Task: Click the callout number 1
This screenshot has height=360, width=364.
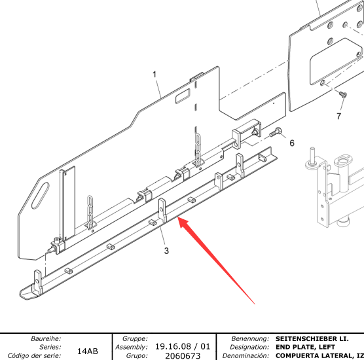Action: [x=155, y=75]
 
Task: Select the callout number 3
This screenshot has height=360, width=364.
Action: [x=166, y=251]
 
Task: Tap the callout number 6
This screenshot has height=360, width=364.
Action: [x=292, y=143]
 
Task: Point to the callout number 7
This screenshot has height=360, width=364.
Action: [x=338, y=116]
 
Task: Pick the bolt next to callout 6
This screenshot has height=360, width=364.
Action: [x=276, y=132]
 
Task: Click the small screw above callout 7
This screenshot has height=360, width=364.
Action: [x=343, y=94]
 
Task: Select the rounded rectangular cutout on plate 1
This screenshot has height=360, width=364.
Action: [x=183, y=96]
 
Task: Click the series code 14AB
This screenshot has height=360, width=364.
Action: [x=88, y=351]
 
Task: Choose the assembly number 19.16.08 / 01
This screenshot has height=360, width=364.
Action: [x=183, y=346]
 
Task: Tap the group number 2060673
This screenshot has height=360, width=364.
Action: [x=183, y=355]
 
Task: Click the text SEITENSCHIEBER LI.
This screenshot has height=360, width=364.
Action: [x=312, y=338]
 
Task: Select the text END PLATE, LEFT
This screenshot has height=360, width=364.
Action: [x=305, y=347]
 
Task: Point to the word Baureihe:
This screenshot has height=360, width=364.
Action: [x=46, y=338]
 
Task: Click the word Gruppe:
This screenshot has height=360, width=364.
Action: [x=135, y=338]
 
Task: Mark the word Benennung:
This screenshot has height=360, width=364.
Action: [x=250, y=338]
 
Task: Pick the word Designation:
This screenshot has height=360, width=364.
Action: [x=249, y=347]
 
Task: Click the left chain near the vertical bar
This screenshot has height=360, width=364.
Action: [x=90, y=211]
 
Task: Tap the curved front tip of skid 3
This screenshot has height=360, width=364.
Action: [x=25, y=293]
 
